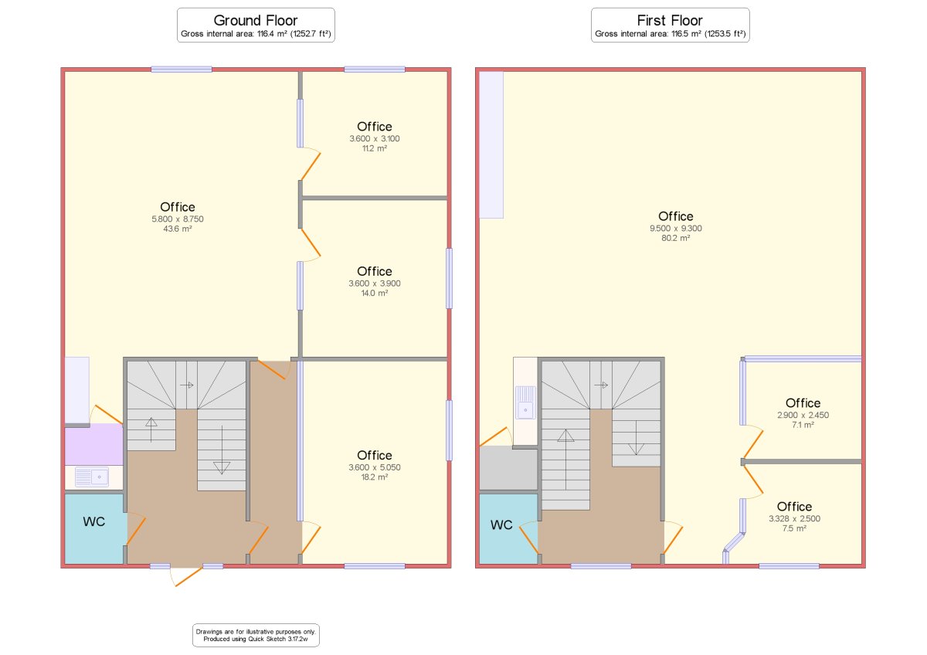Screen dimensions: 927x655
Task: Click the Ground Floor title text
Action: point(256,20)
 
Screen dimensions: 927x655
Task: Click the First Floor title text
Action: point(670,20)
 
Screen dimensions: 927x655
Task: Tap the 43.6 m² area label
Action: point(177,229)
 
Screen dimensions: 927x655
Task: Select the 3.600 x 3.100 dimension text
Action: point(374,138)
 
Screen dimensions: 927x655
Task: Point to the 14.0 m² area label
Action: point(374,294)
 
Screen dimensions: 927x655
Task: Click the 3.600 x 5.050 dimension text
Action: point(374,467)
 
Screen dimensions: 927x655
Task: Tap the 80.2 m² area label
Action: point(675,239)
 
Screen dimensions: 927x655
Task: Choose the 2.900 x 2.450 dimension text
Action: point(803,415)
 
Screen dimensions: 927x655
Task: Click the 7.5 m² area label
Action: point(794,528)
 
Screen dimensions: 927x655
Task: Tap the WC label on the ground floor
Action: point(94,522)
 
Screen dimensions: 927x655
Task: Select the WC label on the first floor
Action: point(501,525)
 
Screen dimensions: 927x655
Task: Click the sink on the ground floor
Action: point(92,477)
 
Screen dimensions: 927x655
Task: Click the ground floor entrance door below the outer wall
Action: point(186,576)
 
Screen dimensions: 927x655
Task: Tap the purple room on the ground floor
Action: point(94,444)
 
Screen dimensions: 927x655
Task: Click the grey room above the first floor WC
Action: point(508,468)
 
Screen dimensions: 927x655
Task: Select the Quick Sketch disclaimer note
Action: point(256,635)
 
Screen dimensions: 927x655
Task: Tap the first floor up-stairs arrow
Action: point(565,460)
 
